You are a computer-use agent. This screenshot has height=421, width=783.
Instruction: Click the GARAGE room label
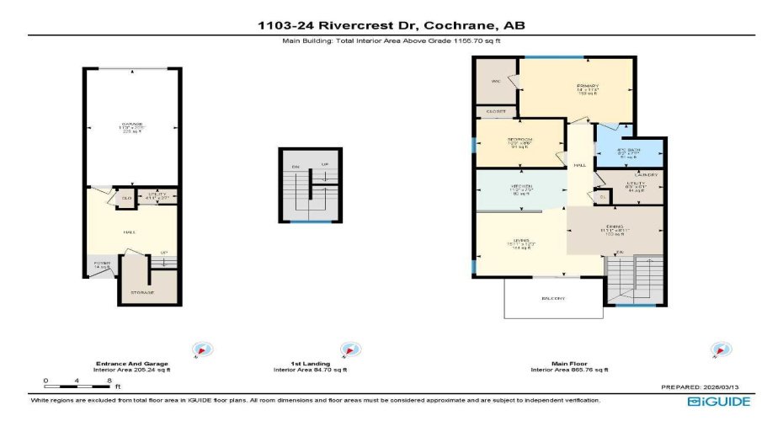click(131, 125)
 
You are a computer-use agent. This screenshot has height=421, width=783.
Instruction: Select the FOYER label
click(102, 263)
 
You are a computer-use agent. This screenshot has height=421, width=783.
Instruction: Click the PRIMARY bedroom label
click(587, 86)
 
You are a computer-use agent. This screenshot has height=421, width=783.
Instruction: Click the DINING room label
click(611, 226)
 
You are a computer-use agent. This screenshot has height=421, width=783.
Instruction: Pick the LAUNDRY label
click(633, 174)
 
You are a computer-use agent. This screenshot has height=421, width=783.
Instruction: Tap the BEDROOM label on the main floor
click(519, 139)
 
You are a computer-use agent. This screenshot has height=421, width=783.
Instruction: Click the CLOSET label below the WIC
click(496, 111)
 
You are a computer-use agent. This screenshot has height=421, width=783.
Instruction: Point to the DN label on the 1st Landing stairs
click(296, 166)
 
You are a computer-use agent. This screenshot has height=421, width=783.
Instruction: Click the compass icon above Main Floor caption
click(719, 349)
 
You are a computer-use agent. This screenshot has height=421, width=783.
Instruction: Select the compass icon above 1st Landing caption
click(346, 349)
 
